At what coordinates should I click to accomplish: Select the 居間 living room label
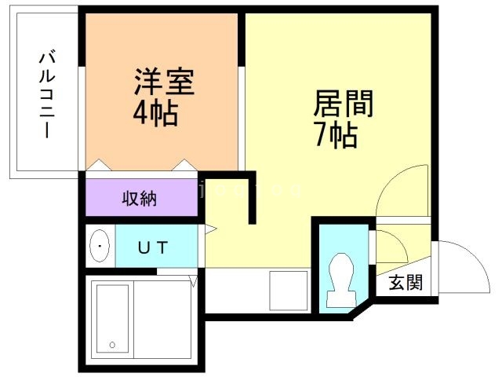[343, 103]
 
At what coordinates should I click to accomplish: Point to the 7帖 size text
[336, 136]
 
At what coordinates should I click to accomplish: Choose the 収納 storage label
[139, 198]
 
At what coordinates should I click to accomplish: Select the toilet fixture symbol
[341, 278]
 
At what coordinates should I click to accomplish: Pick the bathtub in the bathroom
[112, 318]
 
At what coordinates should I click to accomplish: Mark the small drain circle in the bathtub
[112, 344]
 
